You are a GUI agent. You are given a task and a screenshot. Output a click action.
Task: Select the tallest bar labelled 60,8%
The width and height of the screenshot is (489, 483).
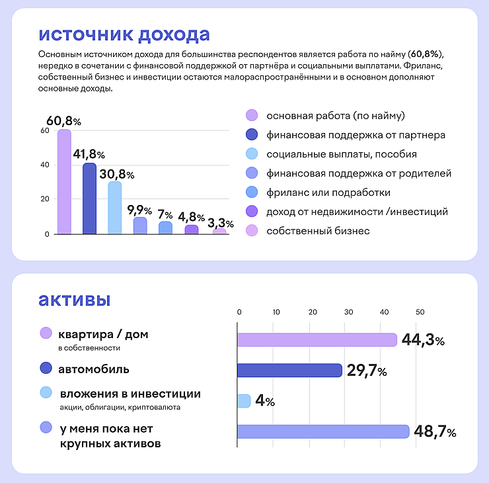[64, 182]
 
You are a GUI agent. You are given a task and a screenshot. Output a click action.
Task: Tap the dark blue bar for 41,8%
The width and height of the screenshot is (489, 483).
[89, 198]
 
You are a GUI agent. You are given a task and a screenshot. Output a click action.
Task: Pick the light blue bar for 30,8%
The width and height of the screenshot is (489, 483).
[114, 208]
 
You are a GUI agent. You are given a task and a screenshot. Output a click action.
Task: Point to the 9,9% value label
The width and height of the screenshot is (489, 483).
[139, 211]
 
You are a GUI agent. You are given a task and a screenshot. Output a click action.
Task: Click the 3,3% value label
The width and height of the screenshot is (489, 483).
[220, 224]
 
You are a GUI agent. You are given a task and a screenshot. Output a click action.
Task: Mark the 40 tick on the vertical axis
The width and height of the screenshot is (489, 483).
[46, 165]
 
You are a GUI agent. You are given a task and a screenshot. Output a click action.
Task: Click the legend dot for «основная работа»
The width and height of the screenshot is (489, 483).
[251, 116]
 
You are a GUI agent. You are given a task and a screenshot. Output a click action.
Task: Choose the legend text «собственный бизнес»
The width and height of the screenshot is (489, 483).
[318, 231]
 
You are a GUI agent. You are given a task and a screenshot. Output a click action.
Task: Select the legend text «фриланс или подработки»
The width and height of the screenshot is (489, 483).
[328, 193]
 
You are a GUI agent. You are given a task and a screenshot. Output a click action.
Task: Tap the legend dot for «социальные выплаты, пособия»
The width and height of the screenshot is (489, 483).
[251, 154]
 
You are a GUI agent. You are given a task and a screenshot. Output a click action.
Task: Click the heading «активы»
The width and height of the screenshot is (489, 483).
[75, 299]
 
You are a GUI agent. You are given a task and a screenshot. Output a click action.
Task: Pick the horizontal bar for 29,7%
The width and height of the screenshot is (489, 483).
[289, 370]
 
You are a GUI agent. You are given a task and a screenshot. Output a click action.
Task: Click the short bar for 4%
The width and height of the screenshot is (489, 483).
[244, 401]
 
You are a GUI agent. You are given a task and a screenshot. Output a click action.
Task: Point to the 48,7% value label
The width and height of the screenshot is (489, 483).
[435, 432]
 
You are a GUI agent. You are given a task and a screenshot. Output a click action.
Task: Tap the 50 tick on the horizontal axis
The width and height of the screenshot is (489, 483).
[420, 312]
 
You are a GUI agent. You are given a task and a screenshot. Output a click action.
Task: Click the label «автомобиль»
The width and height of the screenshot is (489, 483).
[94, 369]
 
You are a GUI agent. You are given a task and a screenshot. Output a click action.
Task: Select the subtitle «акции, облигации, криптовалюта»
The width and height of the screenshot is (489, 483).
[120, 408]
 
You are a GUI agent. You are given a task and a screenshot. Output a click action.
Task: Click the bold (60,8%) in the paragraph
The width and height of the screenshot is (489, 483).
[426, 52]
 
